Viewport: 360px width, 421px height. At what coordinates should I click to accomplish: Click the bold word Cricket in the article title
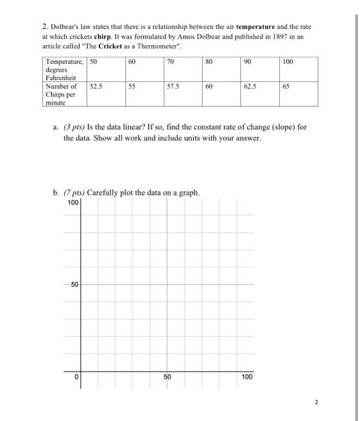tap(111, 46)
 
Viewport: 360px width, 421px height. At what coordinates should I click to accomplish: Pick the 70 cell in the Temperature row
tap(170, 62)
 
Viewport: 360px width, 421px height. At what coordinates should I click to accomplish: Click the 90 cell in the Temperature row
tap(247, 62)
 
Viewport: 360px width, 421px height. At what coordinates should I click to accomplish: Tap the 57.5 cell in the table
tap(173, 87)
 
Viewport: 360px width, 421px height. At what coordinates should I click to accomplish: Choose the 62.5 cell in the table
tap(250, 87)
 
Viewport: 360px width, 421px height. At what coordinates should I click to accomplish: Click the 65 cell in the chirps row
tap(287, 87)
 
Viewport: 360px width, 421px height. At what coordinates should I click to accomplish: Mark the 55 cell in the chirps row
tap(132, 87)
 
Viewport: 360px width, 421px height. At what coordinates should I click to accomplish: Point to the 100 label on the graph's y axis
tap(73, 202)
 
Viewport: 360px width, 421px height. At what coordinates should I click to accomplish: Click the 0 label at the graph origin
tap(77, 377)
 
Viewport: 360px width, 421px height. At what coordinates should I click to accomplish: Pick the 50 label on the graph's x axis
tap(167, 377)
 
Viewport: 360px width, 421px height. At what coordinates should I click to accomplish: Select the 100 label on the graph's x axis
tap(247, 377)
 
